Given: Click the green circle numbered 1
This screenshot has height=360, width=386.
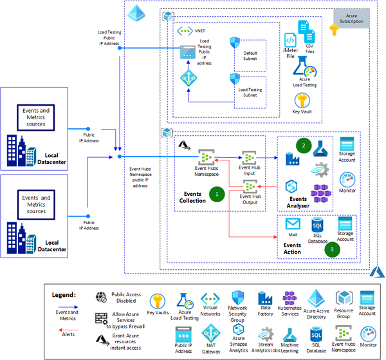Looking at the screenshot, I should tap(217, 192).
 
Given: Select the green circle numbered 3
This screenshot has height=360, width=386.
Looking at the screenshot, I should tap(331, 247).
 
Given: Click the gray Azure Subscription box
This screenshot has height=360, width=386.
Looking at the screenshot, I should tap(352, 18).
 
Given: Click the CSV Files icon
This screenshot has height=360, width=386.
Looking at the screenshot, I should tap(307, 32).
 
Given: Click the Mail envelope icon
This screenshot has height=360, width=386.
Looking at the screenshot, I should tap(293, 224).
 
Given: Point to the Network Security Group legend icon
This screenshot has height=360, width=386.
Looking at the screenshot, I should tap(238, 298).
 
